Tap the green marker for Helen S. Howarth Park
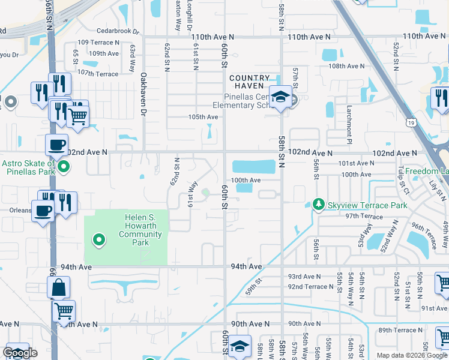[x=99, y=241]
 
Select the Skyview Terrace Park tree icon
[x=318, y=205]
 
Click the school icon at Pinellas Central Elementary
[x=280, y=97]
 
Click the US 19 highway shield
[x=409, y=122]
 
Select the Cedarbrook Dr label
[x=118, y=31]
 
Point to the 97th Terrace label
[x=364, y=217]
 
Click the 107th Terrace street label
[x=98, y=74]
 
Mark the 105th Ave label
[x=203, y=117]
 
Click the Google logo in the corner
[x=20, y=353]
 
